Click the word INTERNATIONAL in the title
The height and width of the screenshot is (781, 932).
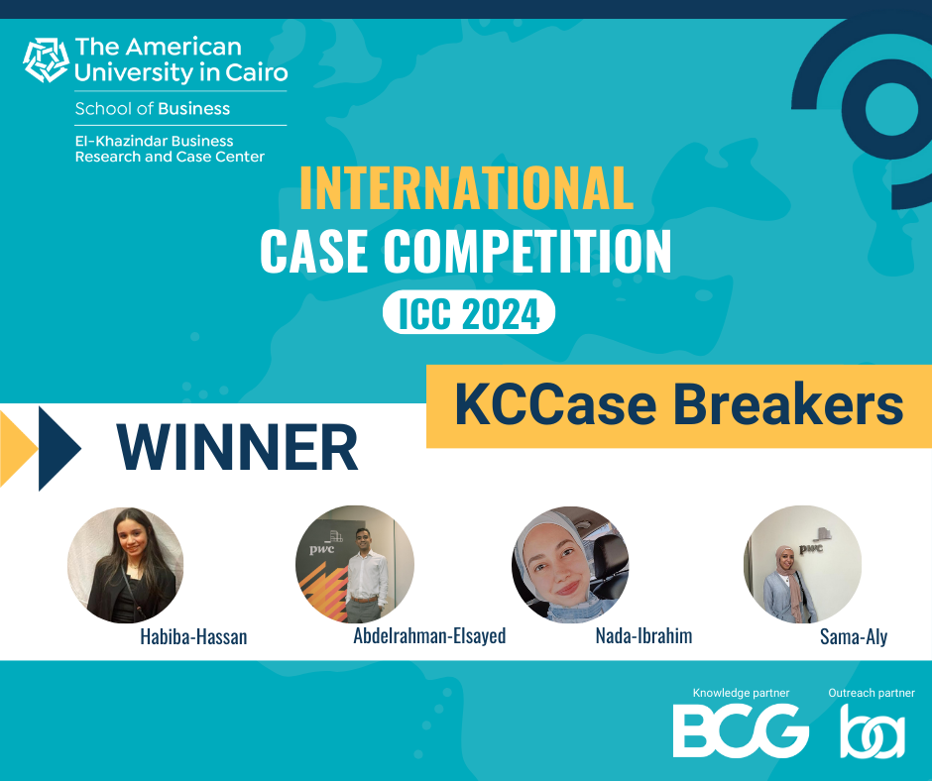(x=466, y=188)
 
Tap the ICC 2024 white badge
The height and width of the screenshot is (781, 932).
(x=468, y=314)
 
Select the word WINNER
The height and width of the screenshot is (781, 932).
(x=237, y=447)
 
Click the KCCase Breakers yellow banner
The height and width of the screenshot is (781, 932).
(x=679, y=406)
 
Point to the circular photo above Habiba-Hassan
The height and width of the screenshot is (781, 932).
(x=125, y=565)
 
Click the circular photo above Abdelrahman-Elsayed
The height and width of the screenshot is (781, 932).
(x=354, y=564)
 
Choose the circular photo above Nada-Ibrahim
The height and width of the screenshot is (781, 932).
(x=570, y=564)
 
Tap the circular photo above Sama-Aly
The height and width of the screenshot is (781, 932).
(x=802, y=564)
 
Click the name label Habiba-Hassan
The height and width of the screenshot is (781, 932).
(x=193, y=637)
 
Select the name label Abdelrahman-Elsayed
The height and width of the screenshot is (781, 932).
(x=429, y=636)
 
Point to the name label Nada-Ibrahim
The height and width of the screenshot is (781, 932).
(x=643, y=636)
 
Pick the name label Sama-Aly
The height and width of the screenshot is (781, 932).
(x=853, y=636)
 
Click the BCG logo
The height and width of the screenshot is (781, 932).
(x=741, y=730)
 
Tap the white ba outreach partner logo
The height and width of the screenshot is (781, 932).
(x=873, y=732)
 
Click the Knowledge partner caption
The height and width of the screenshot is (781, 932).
(x=736, y=693)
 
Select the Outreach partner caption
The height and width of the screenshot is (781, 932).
(x=871, y=693)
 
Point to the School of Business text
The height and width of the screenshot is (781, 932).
(x=152, y=109)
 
